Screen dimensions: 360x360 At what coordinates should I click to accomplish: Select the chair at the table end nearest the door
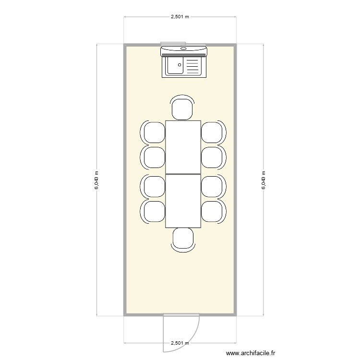(x=183, y=239)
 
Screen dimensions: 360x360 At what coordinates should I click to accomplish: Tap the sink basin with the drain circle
(x=176, y=66)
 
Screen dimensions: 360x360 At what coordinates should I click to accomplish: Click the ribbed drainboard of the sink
(x=192, y=66)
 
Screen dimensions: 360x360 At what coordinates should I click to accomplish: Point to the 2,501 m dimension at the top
(x=180, y=16)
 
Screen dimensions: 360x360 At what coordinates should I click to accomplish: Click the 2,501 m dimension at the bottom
(x=180, y=343)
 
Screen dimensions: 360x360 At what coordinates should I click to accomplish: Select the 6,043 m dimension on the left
(x=97, y=180)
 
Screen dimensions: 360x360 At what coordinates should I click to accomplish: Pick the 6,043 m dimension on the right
(x=263, y=180)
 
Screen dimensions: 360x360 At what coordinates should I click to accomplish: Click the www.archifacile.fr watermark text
(x=251, y=353)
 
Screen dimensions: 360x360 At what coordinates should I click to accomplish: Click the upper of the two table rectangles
(x=183, y=147)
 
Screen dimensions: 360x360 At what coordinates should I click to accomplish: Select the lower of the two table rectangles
(x=183, y=201)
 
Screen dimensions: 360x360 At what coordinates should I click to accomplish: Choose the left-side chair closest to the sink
(x=154, y=132)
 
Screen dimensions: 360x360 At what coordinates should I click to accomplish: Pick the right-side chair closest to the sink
(x=212, y=132)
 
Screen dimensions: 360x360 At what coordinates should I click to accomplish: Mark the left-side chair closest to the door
(x=154, y=211)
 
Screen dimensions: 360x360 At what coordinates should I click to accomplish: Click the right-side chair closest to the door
(x=212, y=211)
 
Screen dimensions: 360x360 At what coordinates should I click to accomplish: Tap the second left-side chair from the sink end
(x=154, y=157)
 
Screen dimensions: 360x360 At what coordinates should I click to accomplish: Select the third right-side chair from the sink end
(x=212, y=186)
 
